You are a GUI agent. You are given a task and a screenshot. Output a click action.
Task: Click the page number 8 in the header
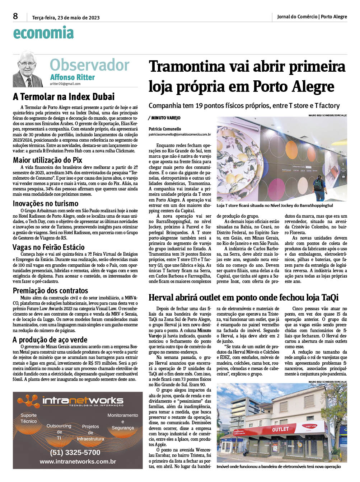15,16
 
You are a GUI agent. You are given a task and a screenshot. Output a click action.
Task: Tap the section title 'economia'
43,33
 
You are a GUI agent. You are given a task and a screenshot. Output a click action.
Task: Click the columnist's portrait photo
28,70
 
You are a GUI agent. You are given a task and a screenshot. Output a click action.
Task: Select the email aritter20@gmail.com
65,84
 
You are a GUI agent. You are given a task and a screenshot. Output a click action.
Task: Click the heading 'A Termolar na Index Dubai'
64,97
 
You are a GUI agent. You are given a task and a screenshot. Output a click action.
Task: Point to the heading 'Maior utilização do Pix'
47,160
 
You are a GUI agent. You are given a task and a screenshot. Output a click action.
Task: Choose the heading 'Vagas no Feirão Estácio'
48,247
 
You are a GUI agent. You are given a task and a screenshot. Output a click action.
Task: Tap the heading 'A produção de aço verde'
50,340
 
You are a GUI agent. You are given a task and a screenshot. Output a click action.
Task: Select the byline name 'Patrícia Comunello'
165,129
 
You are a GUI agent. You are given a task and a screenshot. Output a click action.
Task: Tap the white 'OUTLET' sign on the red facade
280,429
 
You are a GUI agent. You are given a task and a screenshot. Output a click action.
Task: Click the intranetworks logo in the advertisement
72,401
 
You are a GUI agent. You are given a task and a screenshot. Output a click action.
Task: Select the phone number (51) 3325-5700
75,453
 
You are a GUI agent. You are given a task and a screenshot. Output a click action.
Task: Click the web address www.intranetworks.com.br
78,462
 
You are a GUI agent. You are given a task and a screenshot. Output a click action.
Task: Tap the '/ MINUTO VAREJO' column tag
164,118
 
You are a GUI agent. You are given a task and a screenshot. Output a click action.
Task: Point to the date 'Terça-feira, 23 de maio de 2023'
66,18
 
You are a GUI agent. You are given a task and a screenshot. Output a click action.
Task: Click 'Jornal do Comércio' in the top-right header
297,16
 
